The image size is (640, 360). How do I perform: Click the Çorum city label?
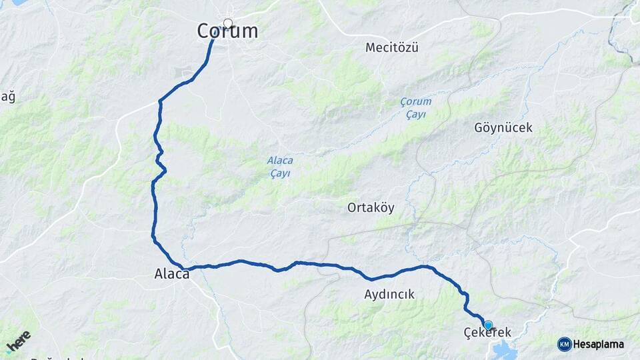tap(227, 31)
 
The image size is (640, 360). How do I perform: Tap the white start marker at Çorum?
tap(228, 24)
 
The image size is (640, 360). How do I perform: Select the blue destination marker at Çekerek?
tap(488, 325)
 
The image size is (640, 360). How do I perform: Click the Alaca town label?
tap(172, 273)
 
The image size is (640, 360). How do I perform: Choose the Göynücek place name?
tap(503, 127)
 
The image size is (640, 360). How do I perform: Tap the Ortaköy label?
tap(371, 207)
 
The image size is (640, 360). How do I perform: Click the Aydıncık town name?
tap(389, 294)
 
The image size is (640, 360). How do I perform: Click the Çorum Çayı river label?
tap(415, 108)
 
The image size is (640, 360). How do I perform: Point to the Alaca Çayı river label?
tap(280, 167)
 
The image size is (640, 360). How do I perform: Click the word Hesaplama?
tap(599, 344)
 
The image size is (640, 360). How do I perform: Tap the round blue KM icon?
tap(564, 344)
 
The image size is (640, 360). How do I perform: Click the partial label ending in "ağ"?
tap(7, 97)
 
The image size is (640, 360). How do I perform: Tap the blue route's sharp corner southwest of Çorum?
tap(160, 101)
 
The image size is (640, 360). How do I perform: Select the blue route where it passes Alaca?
tap(184, 269)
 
